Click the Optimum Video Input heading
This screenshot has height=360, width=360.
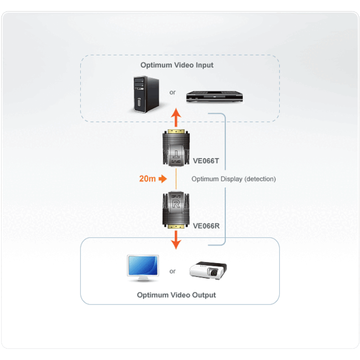tap(177, 65)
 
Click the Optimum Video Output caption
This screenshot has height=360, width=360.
tap(176, 295)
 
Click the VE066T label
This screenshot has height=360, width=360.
tap(206, 161)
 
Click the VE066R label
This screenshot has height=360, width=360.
tap(206, 225)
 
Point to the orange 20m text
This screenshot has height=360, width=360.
tap(147, 179)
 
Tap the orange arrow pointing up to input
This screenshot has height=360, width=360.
tap(176, 119)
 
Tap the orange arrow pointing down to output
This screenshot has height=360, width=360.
tap(176, 239)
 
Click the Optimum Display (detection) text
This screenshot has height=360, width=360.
tap(233, 179)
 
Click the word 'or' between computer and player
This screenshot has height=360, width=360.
tap(172, 92)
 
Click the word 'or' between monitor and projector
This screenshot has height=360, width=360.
tap(172, 271)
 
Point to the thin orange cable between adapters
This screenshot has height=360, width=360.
tap(176, 179)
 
